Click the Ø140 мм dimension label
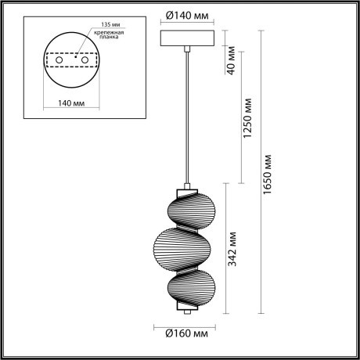187,14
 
